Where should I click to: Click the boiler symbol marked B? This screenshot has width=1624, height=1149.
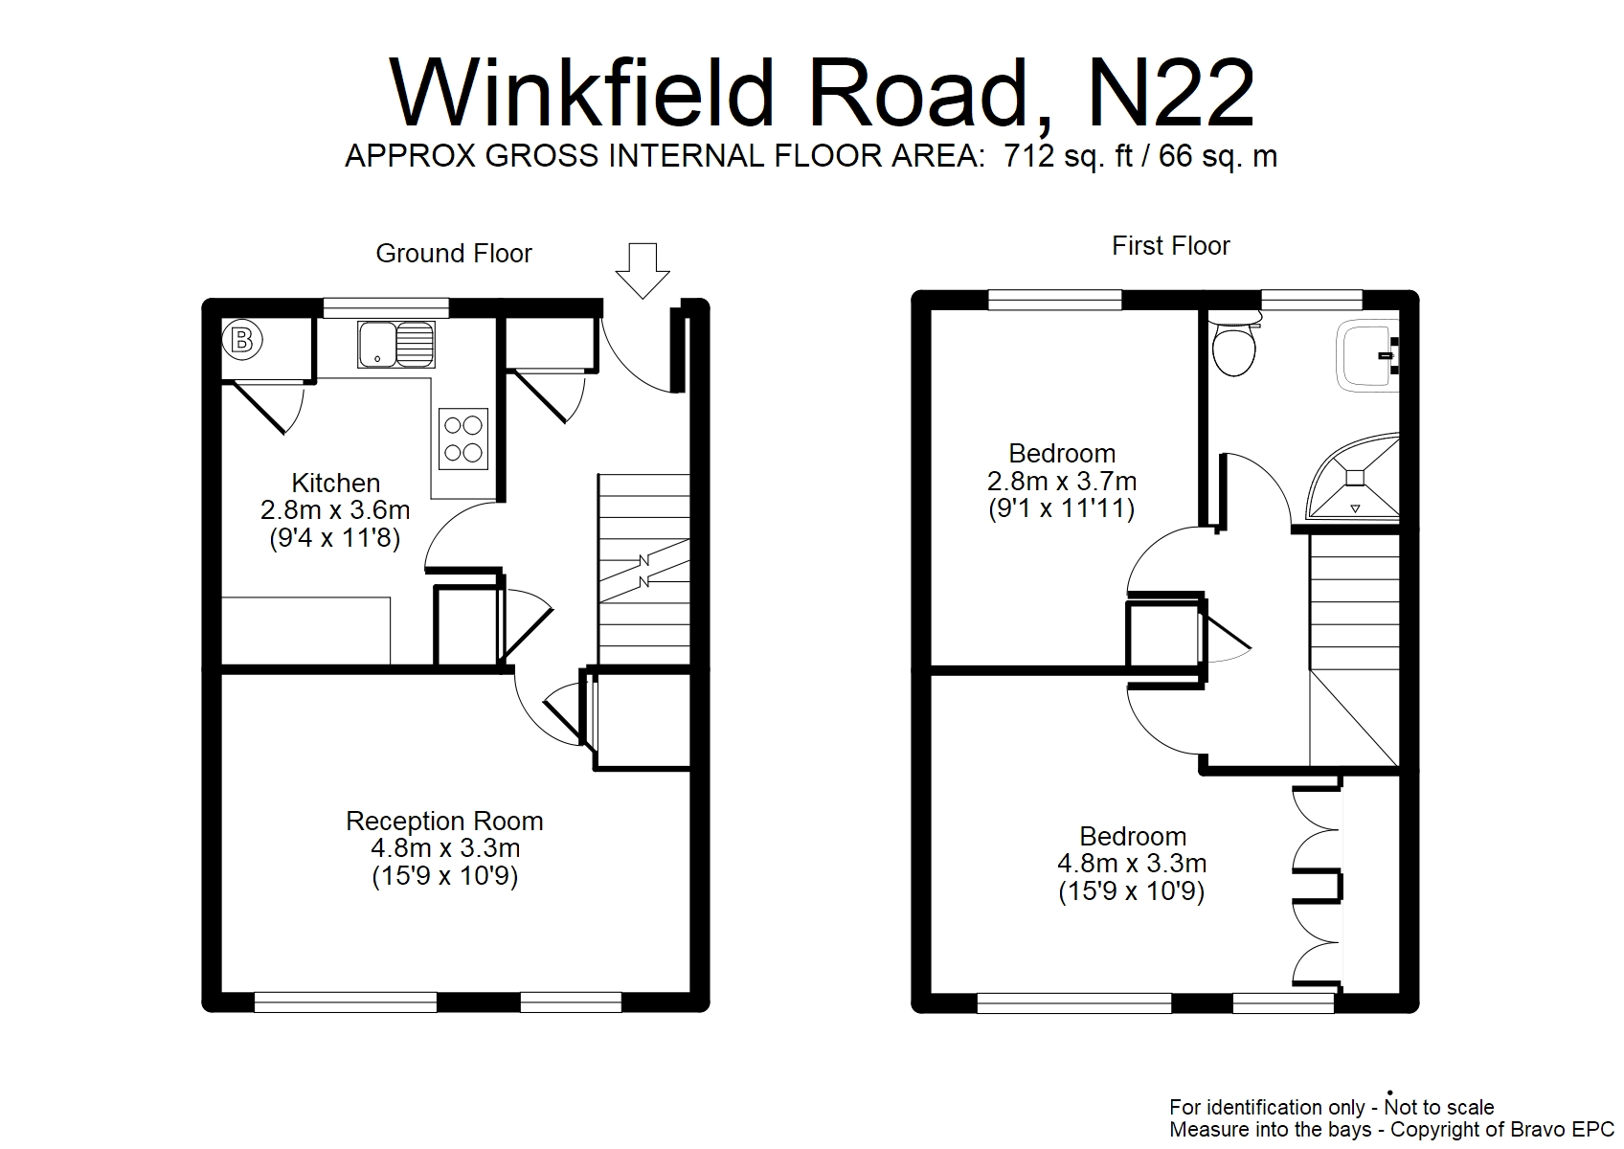click(x=242, y=339)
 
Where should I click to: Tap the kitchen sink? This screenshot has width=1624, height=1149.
click(x=396, y=345)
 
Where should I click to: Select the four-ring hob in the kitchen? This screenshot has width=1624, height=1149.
click(x=463, y=439)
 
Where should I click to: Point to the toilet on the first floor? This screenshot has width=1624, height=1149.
click(x=1233, y=347)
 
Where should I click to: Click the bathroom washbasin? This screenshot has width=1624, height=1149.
click(x=1369, y=356)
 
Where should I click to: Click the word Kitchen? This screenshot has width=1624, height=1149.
click(x=335, y=483)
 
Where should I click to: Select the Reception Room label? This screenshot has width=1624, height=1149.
click(x=444, y=821)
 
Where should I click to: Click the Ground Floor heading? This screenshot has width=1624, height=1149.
click(x=453, y=254)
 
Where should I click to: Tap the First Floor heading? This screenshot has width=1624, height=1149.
click(x=1170, y=246)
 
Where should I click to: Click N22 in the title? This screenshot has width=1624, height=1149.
click(x=1170, y=93)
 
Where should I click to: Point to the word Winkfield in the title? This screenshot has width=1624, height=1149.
click(x=582, y=93)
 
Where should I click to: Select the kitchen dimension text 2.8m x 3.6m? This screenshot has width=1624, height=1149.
click(x=335, y=510)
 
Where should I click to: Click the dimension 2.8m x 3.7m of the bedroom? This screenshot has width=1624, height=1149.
click(x=1062, y=481)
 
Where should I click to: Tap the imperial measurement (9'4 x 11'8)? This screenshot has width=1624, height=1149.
click(x=335, y=538)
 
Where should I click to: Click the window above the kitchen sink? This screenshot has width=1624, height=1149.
click(x=386, y=307)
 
